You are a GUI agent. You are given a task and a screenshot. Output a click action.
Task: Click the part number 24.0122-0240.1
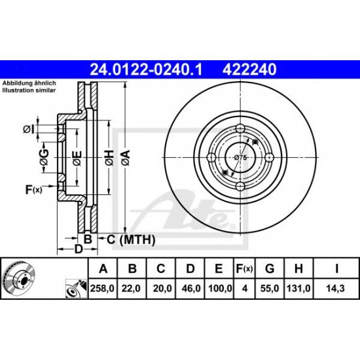pyautogui.click(x=146, y=69)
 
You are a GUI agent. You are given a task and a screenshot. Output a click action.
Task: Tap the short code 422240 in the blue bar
pyautogui.click(x=249, y=69)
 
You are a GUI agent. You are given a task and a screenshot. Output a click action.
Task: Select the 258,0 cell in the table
pyautogui.click(x=102, y=289)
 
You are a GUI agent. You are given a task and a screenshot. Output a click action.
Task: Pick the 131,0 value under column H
pyautogui.click(x=298, y=289)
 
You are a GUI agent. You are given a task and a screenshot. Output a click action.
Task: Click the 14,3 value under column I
pyautogui.click(x=336, y=289)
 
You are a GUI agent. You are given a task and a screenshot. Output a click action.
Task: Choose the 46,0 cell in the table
pyautogui.click(x=190, y=289)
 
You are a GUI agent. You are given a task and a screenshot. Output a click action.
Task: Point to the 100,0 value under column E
pyautogui.click(x=220, y=289)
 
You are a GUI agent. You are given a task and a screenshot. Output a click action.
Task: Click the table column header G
pyautogui.click(x=270, y=268)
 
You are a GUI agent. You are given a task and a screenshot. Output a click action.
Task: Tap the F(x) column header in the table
pyautogui.click(x=244, y=268)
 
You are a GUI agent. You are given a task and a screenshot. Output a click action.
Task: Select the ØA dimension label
pyautogui.click(x=126, y=158)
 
